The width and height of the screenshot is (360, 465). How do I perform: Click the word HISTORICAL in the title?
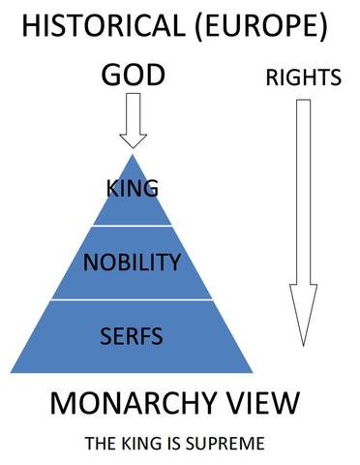pos(97,26)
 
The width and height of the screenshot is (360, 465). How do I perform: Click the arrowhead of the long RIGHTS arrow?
pos(303,320)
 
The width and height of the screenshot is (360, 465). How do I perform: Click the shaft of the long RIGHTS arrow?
pos(303,194)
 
